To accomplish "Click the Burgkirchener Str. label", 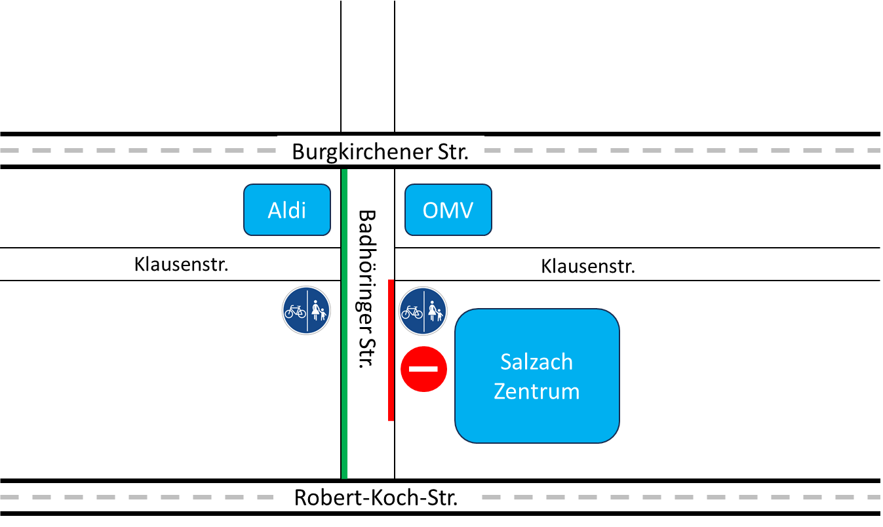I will [380, 151].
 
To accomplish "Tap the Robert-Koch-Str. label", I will [376, 497].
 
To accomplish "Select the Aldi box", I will [287, 210].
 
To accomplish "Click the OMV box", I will [448, 210].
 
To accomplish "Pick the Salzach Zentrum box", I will [537, 376].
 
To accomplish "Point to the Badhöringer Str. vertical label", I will [370, 288].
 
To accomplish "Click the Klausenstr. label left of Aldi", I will [181, 264].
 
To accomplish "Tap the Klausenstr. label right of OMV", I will [588, 265].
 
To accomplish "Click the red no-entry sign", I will [423, 369].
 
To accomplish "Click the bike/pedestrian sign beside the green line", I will [307, 311].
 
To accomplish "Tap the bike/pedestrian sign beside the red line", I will [424, 311].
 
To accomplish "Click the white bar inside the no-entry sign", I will [423, 369].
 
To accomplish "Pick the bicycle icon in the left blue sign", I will [296, 311].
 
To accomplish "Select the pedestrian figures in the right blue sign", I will [435, 311].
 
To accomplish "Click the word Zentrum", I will [537, 391].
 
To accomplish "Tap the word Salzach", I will [537, 362].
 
